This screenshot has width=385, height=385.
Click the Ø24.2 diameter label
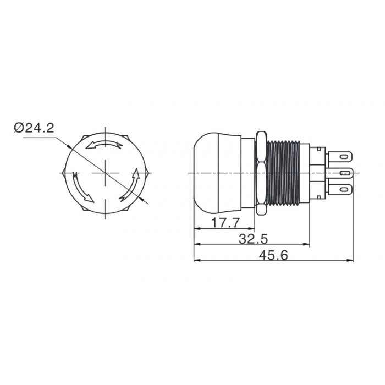pyautogui.click(x=34, y=128)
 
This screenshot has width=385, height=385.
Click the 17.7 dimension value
pyautogui.click(x=225, y=223)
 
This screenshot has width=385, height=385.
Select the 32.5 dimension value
pyautogui.click(x=253, y=239)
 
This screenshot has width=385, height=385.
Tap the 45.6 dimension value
pyautogui.click(x=273, y=255)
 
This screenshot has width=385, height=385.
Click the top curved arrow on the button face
pyautogui.click(x=104, y=144)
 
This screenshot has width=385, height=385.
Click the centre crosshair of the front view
pyautogui.click(x=106, y=173)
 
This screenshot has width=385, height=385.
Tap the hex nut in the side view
pyautogui.click(x=261, y=173)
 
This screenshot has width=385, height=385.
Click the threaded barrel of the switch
pyautogui.click(x=283, y=173)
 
